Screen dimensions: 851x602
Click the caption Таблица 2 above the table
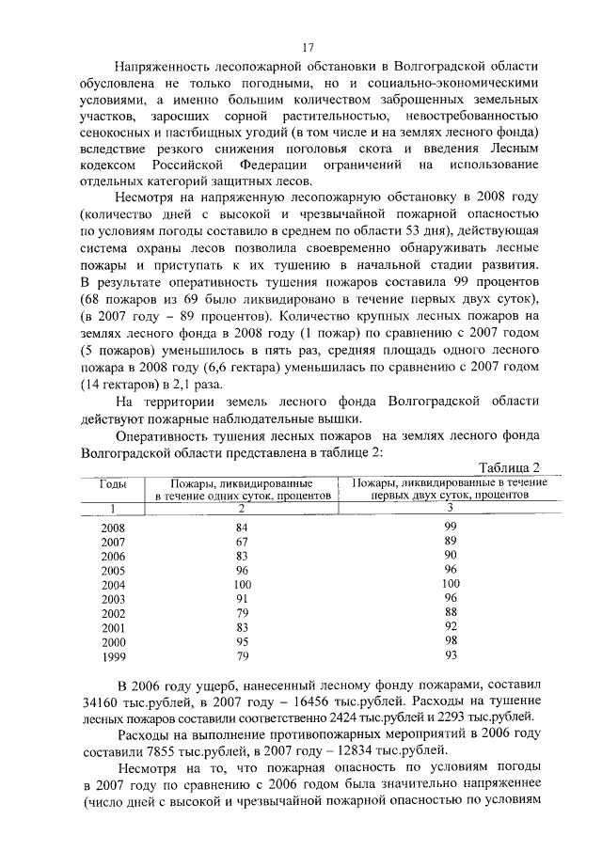coord(509,467)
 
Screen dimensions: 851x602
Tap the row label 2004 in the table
coord(114,584)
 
